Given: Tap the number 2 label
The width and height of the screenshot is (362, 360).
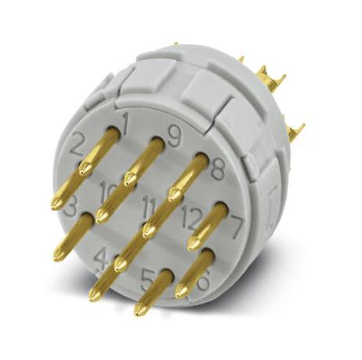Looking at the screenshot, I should click(78, 144).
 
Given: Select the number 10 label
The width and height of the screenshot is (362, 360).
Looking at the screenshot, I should click(110, 190).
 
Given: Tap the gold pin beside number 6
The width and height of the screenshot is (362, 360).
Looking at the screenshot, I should click(194, 271).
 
